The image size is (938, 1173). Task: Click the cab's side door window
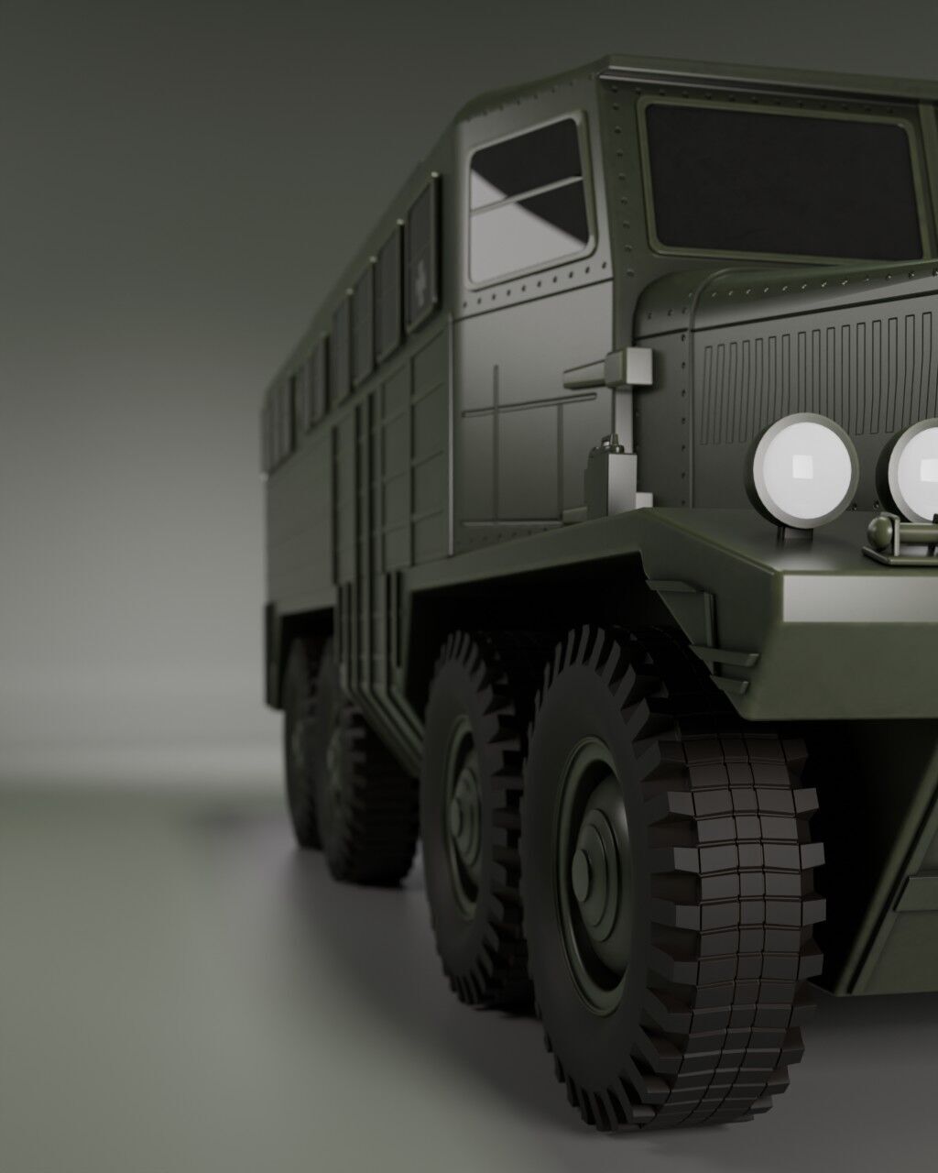tap(529, 202)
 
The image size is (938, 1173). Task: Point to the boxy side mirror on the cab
tap(630, 367)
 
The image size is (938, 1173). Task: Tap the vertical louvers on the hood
tap(806, 376)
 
